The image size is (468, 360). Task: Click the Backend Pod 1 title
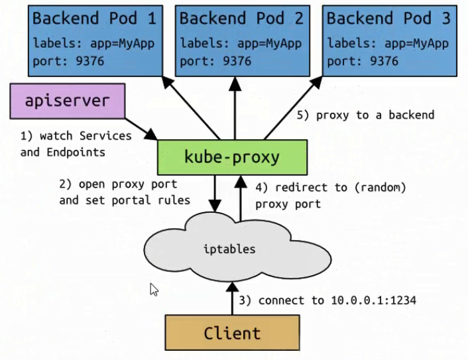[x=94, y=18]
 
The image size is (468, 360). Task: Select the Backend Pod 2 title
[x=241, y=18]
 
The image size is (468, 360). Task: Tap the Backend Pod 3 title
[x=388, y=18]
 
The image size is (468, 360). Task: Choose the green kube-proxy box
[x=232, y=157]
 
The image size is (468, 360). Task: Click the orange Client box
[x=232, y=332]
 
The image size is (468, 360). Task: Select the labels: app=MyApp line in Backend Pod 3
[x=388, y=44]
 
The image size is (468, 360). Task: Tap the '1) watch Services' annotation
[x=76, y=135]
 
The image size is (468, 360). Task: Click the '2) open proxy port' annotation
[x=118, y=184]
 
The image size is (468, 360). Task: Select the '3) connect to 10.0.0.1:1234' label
[x=327, y=300]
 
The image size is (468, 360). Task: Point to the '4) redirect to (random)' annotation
[x=330, y=188]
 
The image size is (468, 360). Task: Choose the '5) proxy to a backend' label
[x=365, y=115]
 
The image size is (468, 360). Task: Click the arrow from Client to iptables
[x=232, y=298]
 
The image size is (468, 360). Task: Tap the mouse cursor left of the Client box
[x=154, y=289]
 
